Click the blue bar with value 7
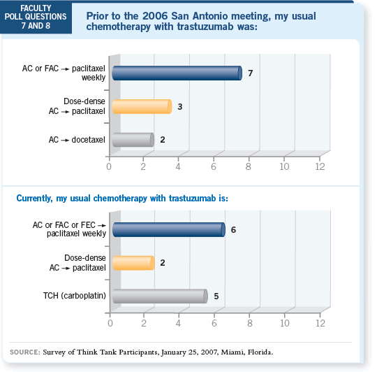click(x=177, y=73)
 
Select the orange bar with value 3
click(x=142, y=106)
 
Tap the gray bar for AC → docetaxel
click(x=133, y=140)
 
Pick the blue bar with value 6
click(x=169, y=229)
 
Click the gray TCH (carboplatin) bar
click(x=160, y=296)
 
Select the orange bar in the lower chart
click(x=133, y=263)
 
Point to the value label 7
click(x=251, y=73)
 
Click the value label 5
click(x=216, y=296)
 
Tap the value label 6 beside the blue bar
click(x=233, y=229)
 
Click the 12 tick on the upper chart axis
click(x=320, y=166)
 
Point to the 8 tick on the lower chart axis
click(x=250, y=323)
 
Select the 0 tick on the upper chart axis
click(x=109, y=166)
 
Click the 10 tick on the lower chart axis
click(x=285, y=323)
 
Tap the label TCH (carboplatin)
click(x=75, y=296)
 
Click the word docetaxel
click(x=89, y=140)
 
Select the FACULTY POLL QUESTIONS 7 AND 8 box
click(x=36, y=17)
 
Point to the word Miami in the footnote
click(x=232, y=352)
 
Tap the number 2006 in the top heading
click(x=155, y=16)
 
